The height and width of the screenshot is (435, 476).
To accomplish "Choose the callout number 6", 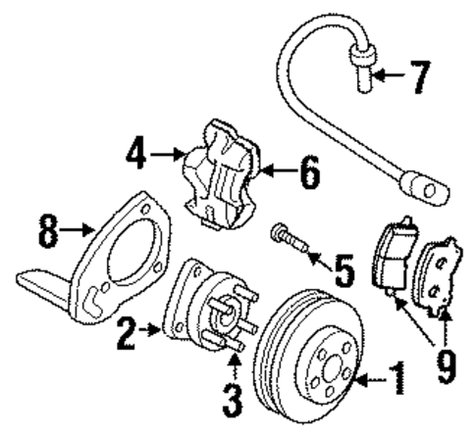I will coord(308,174).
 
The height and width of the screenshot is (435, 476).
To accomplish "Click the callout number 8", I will coord(46,232).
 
